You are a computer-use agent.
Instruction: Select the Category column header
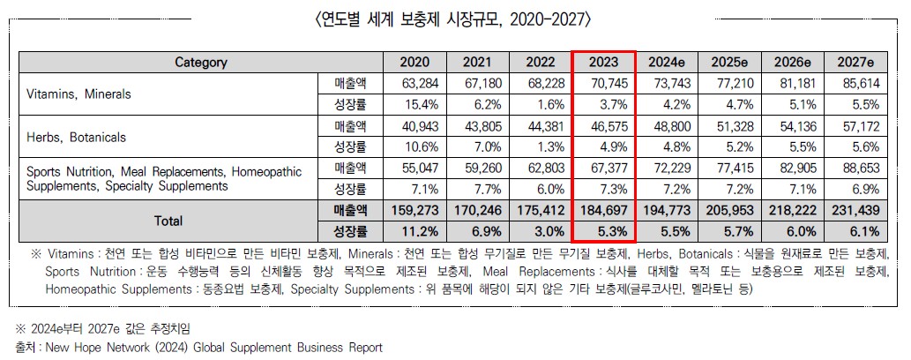coord(201,62)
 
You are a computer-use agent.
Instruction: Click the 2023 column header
coord(606,62)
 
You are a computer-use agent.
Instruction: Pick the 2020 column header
coord(415,62)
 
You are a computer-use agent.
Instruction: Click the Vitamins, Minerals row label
coord(79,94)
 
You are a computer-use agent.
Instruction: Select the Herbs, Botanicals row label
coord(77,138)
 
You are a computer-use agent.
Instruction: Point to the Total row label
coord(168,221)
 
